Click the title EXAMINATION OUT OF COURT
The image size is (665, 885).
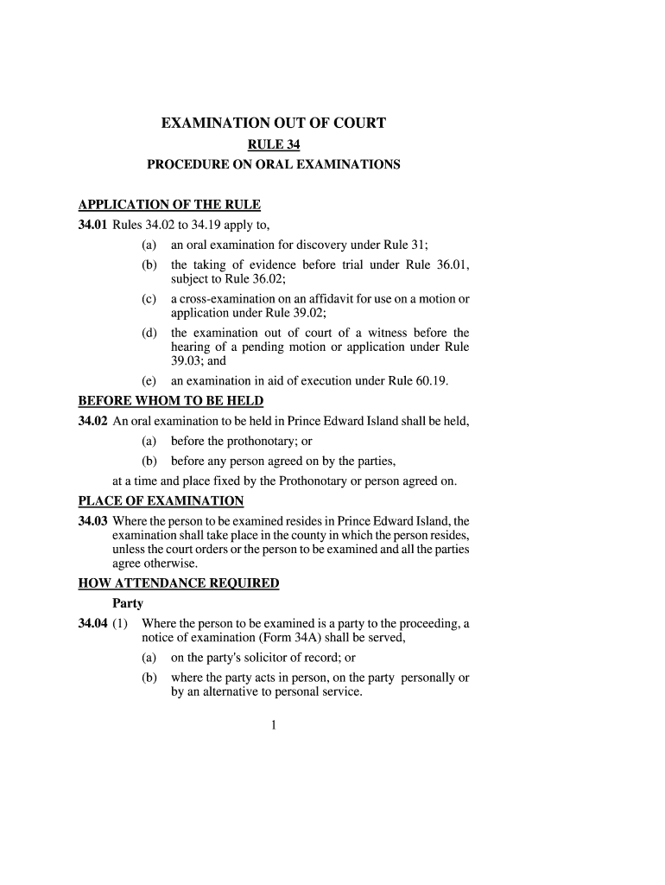pyautogui.click(x=273, y=124)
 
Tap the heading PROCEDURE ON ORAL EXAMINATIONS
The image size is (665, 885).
pyautogui.click(x=273, y=164)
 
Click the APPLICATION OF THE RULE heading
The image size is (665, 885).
pyautogui.click(x=169, y=206)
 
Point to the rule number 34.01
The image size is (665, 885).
pyautogui.click(x=93, y=225)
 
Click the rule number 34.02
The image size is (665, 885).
pyautogui.click(x=93, y=422)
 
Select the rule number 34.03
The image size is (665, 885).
pyautogui.click(x=93, y=521)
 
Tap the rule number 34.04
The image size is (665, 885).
pyautogui.click(x=93, y=623)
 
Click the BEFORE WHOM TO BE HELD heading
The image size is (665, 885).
pyautogui.click(x=171, y=402)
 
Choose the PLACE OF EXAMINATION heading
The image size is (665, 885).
pyautogui.click(x=161, y=501)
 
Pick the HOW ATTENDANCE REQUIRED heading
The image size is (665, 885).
pyautogui.click(x=179, y=583)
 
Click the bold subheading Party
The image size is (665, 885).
pyautogui.click(x=128, y=603)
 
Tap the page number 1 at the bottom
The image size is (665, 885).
pyautogui.click(x=273, y=726)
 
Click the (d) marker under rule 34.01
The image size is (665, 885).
pyautogui.click(x=149, y=334)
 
